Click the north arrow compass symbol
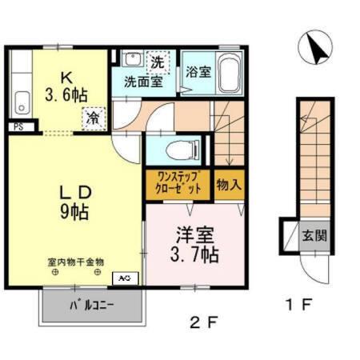pyautogui.click(x=314, y=49)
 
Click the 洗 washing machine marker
pyautogui.click(x=158, y=62)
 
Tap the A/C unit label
pyautogui.click(x=126, y=278)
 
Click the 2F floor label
pyautogui.click(x=203, y=325)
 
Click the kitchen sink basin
pyautogui.click(x=22, y=101)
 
